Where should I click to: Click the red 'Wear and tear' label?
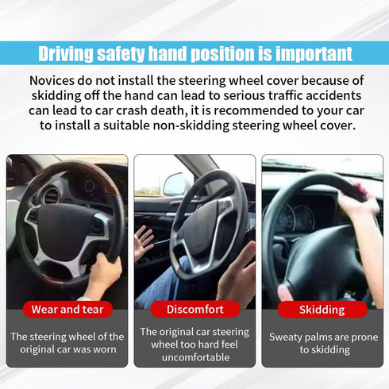click(67, 309)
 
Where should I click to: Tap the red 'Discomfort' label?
click(194, 309)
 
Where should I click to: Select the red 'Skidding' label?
click(322, 309)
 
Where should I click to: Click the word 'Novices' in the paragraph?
click(55, 81)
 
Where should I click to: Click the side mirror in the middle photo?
click(174, 184)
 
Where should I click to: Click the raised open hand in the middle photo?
click(143, 242)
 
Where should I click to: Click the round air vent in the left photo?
click(52, 195)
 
